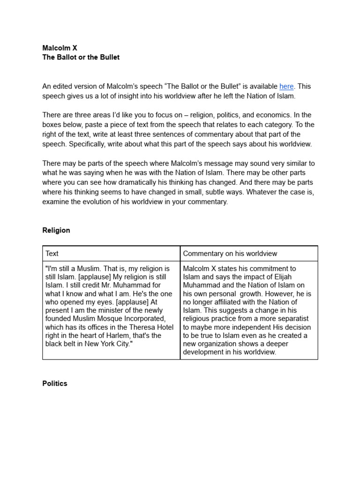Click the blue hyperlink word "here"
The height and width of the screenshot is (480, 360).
pos(286,86)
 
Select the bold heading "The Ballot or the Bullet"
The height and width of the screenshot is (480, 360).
pos(81,57)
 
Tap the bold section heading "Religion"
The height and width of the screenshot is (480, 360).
pos(56,230)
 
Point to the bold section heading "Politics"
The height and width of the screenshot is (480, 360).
pos(55,383)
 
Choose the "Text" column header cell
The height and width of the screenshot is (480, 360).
pos(52,254)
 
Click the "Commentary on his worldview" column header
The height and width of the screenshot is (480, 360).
pos(230,254)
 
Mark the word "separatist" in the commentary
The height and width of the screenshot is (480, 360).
pos(292,319)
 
